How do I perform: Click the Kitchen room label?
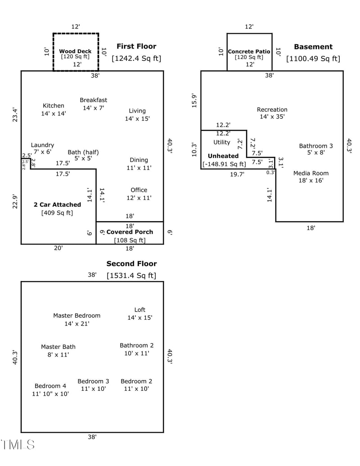point(53,106)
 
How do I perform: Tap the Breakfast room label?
point(94,100)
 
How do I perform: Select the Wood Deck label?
point(75,51)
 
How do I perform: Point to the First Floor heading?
point(136,46)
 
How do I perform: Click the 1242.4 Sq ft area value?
point(136,59)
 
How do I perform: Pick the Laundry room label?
point(42,145)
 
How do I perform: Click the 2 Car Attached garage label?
point(58,205)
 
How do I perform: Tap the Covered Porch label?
point(130,232)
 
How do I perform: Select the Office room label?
point(139,190)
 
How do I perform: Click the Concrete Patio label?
point(249,51)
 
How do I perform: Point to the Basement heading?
point(313,46)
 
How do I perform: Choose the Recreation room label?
point(272,109)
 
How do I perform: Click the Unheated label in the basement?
point(223,156)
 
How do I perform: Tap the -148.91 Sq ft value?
point(224,164)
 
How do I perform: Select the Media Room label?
point(311,173)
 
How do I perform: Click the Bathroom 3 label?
point(316,146)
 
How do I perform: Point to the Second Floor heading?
point(131,264)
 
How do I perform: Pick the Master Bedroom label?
point(76,316)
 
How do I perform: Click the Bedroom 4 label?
point(50,386)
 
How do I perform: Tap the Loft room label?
point(140,310)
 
